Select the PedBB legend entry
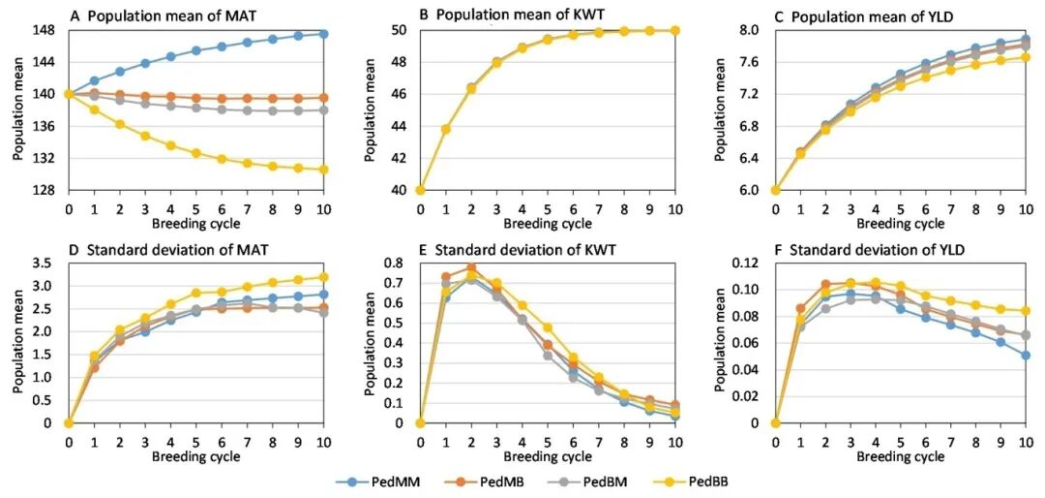point(705,480)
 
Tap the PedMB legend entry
point(488,480)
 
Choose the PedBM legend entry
point(598,480)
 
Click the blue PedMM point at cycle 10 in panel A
point(322,34)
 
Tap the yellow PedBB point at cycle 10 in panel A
point(322,170)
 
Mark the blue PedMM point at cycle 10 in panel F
point(1026,356)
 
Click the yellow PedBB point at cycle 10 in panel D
point(322,277)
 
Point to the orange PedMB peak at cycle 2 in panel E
point(471,267)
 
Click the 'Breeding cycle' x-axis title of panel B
point(547,224)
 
